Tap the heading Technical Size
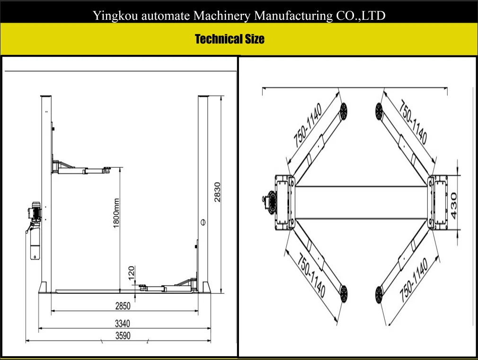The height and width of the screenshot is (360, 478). point(230,39)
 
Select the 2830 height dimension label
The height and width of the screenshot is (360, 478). point(218,192)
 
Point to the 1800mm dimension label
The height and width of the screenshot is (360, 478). point(116,213)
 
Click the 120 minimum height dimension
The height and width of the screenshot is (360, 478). point(132,273)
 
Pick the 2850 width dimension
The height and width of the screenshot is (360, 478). point(123,306)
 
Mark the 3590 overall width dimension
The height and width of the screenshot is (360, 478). point(123,336)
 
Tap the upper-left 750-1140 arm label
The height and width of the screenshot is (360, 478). point(307,124)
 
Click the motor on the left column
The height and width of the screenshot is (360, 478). point(35,212)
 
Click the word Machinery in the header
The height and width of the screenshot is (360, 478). point(222,17)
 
